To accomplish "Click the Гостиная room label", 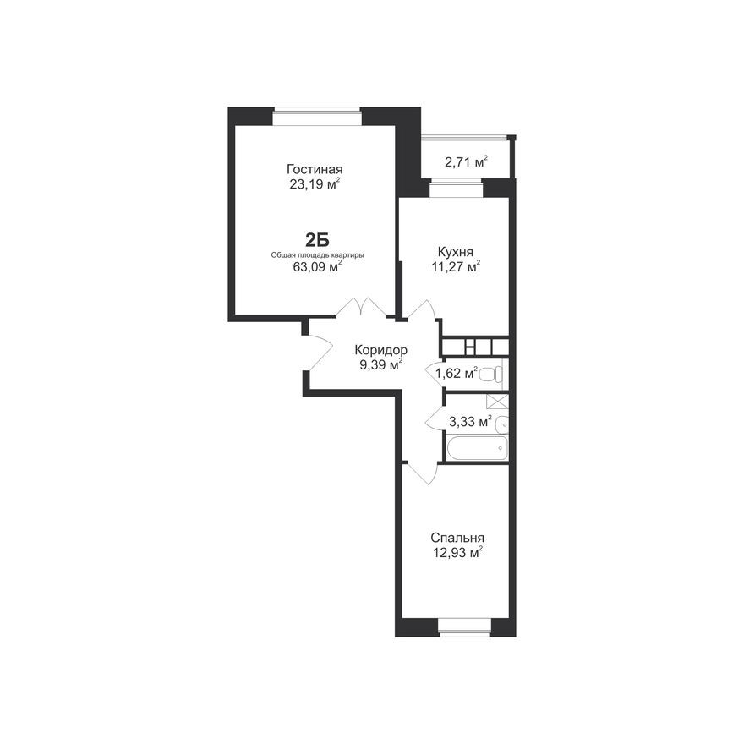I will click(x=315, y=168).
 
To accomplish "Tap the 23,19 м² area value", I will click(x=315, y=183).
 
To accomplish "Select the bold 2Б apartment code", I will click(x=317, y=239).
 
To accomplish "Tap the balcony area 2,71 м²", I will click(x=466, y=162).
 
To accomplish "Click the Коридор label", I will click(x=380, y=350).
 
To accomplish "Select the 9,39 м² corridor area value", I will click(x=380, y=365).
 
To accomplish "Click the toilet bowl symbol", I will click(x=491, y=374).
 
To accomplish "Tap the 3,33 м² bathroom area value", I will click(x=470, y=420).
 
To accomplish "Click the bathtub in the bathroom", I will click(x=476, y=449).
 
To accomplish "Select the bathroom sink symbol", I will click(x=501, y=424).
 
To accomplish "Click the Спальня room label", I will click(x=457, y=538).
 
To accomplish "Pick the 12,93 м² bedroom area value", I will click(x=457, y=553).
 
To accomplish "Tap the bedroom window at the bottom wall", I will click(x=464, y=626).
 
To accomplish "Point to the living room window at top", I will click(x=317, y=117).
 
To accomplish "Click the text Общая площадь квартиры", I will click(x=317, y=254).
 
